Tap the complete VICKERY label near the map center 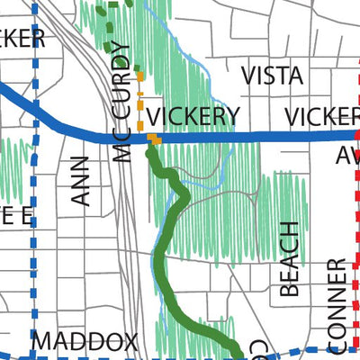click(x=193, y=116)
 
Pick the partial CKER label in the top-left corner click(x=22, y=39)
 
